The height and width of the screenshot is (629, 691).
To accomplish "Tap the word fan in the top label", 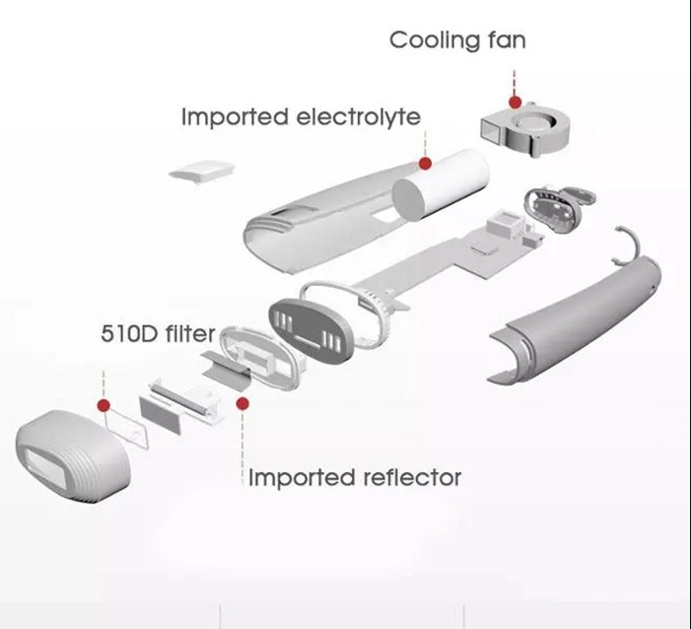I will (502, 40).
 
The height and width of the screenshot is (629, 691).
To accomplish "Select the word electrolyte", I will (358, 116).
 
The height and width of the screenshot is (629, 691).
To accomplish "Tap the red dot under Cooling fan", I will (514, 102).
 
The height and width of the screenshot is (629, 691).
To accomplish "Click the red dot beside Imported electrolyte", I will (425, 163).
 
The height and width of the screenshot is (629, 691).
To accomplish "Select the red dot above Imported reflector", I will (242, 402).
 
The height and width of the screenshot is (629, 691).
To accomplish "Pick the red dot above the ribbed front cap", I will (104, 404).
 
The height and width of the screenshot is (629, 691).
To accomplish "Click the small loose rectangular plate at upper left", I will (200, 169).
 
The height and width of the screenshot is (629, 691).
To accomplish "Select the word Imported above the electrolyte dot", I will (235, 116).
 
